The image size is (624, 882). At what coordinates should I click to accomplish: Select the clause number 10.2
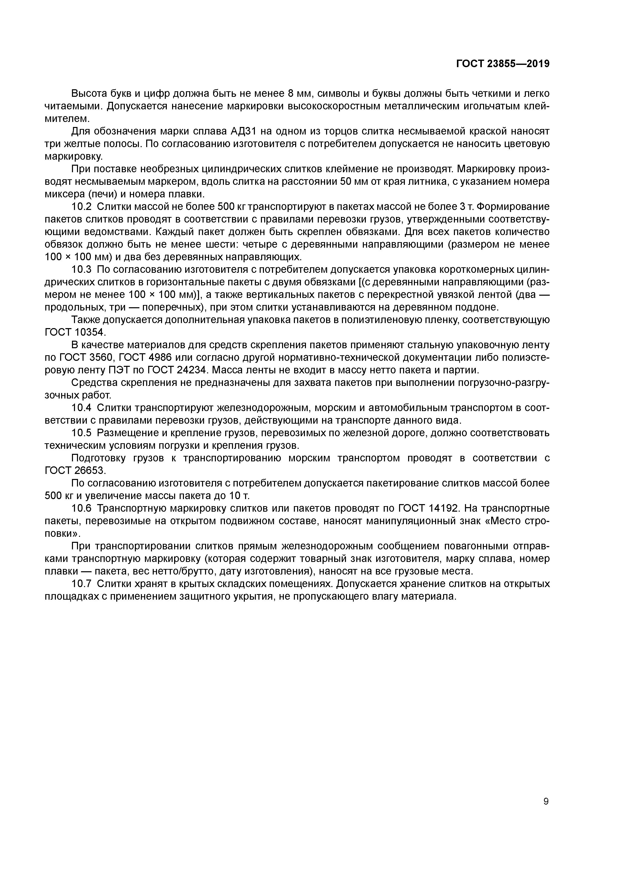pos(82,207)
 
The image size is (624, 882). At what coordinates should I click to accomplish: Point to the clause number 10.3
pos(82,270)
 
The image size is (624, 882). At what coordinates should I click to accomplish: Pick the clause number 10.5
pos(82,433)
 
